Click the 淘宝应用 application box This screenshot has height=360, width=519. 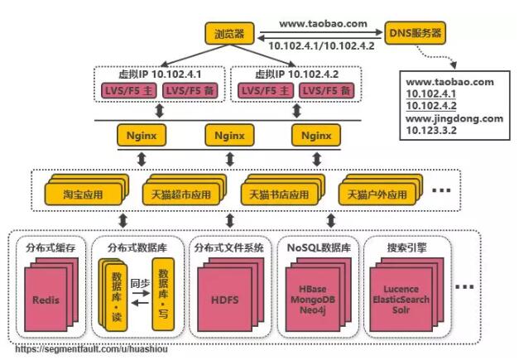point(84,195)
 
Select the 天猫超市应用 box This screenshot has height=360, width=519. point(180,195)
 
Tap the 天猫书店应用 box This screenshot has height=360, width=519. point(278,195)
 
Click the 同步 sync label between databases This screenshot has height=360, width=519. point(140,283)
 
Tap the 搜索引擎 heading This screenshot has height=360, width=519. point(407,247)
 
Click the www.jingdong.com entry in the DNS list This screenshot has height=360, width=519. point(454,118)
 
